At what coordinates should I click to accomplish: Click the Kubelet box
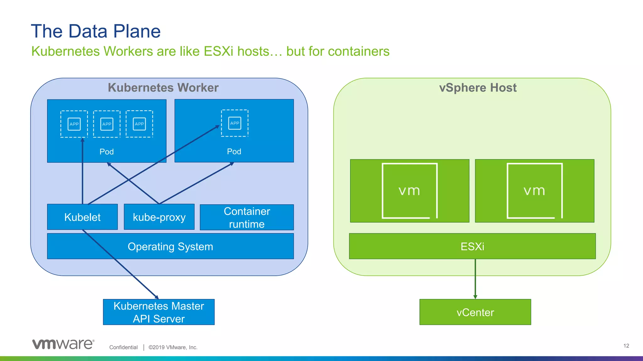pyautogui.click(x=82, y=217)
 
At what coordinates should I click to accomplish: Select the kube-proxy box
pyautogui.click(x=159, y=217)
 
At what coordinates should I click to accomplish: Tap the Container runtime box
pyautogui.click(x=247, y=217)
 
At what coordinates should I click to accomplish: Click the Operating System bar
pyautogui.click(x=170, y=246)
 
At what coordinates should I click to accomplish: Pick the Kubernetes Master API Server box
pyautogui.click(x=159, y=312)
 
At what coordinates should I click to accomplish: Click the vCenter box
pyautogui.click(x=475, y=312)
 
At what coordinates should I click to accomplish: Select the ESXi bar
pyautogui.click(x=472, y=246)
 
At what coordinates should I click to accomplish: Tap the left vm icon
pyautogui.click(x=409, y=191)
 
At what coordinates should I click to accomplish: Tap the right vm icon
pyautogui.click(x=534, y=191)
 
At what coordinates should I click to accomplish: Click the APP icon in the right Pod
pyautogui.click(x=235, y=123)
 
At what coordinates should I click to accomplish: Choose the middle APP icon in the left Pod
pyautogui.click(x=107, y=124)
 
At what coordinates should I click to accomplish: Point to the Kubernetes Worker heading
pyautogui.click(x=163, y=87)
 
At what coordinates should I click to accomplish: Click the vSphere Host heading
pyautogui.click(x=478, y=87)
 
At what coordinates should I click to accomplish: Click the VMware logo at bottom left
pyautogui.click(x=63, y=344)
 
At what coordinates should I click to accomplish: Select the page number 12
pyautogui.click(x=626, y=346)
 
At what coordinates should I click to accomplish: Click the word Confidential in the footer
pyautogui.click(x=123, y=347)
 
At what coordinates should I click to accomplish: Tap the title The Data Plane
pyautogui.click(x=96, y=31)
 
